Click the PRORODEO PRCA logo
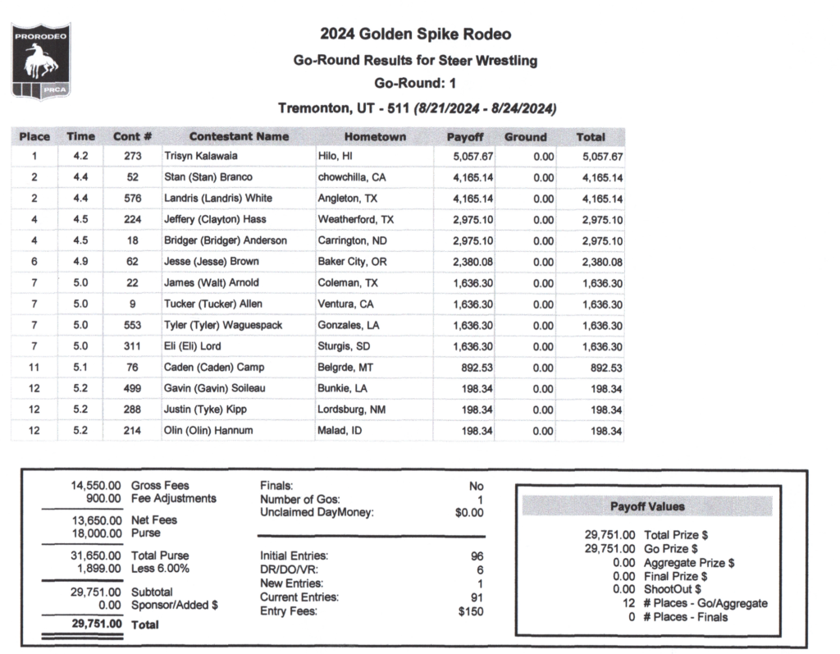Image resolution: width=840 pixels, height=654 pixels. pos(40,62)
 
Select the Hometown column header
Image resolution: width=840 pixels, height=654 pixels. pos(375,137)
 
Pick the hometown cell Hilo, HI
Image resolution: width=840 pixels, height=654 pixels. pos(335,156)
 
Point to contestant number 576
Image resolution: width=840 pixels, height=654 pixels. pos(133,199)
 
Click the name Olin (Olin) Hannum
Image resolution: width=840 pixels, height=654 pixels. pos(209,431)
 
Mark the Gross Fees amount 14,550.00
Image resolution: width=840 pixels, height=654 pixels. pos(98,486)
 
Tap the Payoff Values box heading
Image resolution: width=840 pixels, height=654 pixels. pos(647,507)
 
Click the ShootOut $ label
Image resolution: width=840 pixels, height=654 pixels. pos(672,589)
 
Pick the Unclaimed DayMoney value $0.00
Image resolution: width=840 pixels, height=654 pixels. pos(468,513)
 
